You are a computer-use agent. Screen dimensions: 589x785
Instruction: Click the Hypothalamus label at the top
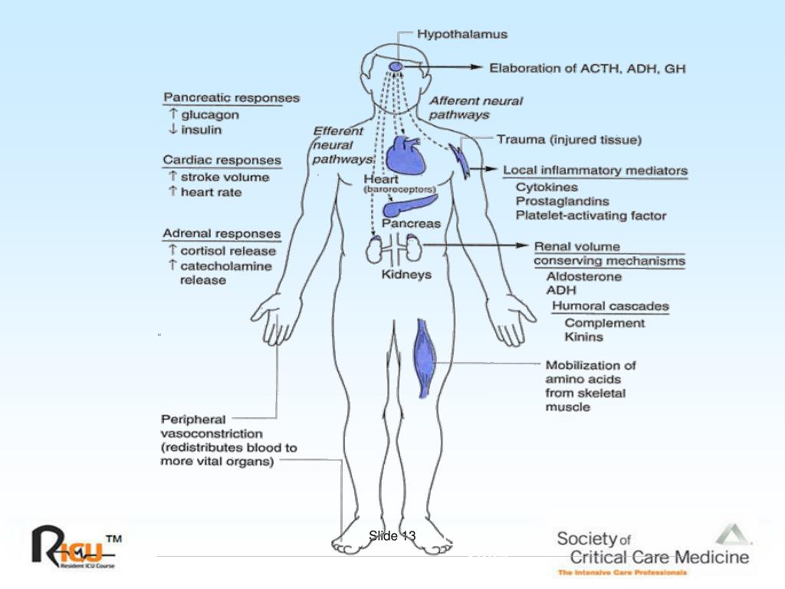(x=461, y=35)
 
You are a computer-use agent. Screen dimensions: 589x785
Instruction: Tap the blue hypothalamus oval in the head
(x=396, y=67)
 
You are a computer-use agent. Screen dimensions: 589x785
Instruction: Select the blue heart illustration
(x=404, y=154)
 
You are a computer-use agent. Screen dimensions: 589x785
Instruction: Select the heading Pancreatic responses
(x=231, y=98)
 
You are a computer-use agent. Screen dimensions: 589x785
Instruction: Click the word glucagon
(x=209, y=115)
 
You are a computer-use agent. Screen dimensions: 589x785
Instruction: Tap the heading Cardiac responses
(x=222, y=160)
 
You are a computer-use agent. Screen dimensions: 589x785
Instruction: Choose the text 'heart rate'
(x=211, y=192)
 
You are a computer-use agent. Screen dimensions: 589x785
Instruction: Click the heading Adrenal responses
(x=222, y=234)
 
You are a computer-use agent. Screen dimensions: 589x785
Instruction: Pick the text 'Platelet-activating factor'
(x=590, y=216)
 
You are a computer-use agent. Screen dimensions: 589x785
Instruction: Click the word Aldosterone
(x=583, y=277)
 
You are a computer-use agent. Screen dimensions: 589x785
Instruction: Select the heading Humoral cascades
(x=610, y=307)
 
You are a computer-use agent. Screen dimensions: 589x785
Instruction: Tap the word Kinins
(x=583, y=337)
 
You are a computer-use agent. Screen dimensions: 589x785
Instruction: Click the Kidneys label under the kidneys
(x=406, y=275)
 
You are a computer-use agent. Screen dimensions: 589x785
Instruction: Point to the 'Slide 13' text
(x=392, y=536)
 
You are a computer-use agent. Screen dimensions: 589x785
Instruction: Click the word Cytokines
(x=547, y=187)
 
